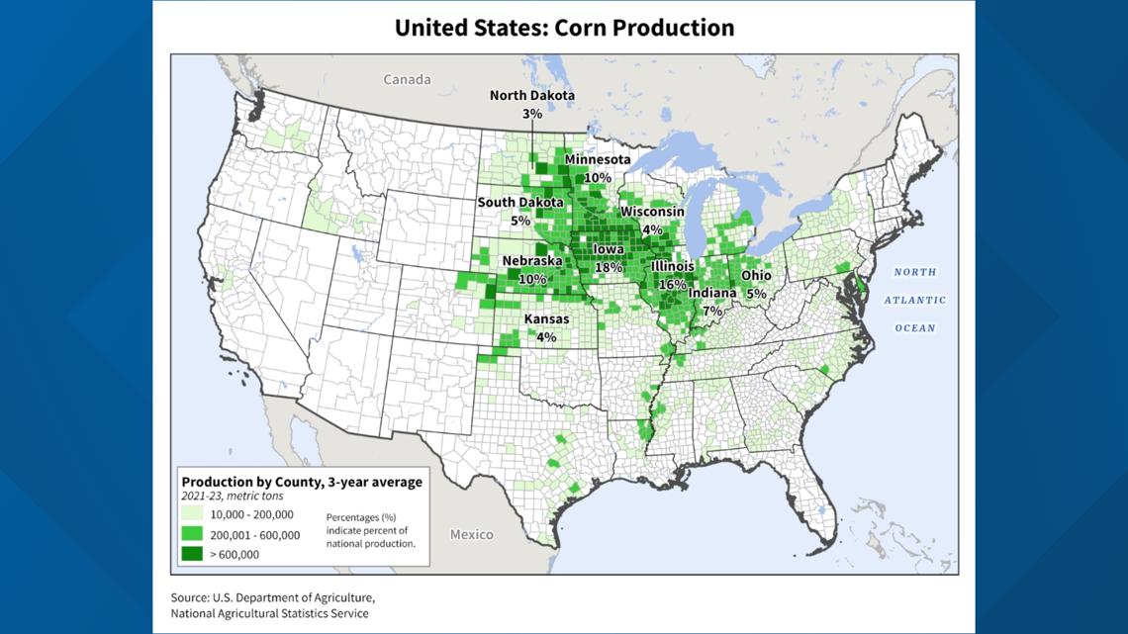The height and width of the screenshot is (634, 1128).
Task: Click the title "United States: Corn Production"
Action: (564, 27)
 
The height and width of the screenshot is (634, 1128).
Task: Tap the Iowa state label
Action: (609, 250)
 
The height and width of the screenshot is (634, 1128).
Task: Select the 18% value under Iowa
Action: (609, 267)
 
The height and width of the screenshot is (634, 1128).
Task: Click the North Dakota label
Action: (532, 96)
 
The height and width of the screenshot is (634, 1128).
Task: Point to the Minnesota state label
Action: (598, 160)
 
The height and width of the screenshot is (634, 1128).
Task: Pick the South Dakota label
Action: (520, 203)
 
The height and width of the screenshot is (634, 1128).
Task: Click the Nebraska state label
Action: (532, 262)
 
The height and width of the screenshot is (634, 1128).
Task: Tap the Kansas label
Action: (546, 319)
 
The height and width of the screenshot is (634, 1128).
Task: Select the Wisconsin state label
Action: (652, 212)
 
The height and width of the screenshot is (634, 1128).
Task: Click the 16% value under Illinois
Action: (673, 284)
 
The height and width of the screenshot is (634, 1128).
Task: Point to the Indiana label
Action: (712, 294)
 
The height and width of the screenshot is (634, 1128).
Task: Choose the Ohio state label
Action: (757, 277)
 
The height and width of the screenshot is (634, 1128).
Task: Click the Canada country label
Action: (407, 79)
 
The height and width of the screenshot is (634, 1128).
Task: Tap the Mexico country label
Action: (471, 534)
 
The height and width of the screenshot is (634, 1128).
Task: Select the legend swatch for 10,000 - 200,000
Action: (193, 514)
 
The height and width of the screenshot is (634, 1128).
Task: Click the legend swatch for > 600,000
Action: (193, 554)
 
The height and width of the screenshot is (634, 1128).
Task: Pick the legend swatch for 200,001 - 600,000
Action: (193, 534)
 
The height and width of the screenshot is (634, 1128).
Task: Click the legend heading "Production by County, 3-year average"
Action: (302, 482)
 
